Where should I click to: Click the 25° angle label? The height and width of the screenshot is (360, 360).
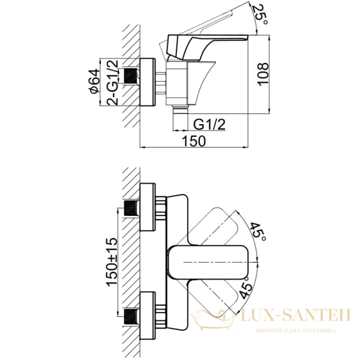[x=260, y=12]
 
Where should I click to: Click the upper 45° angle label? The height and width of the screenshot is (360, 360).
[x=259, y=232]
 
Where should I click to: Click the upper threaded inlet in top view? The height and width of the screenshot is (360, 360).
[x=130, y=210]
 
